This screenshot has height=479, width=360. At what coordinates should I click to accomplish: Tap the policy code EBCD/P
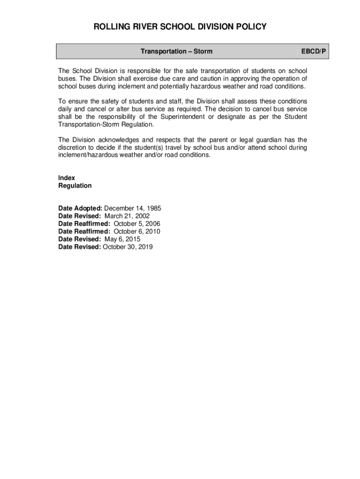tap(313, 51)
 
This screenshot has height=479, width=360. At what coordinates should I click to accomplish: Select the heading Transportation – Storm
tap(176, 51)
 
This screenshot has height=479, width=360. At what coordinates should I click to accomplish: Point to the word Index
tap(66, 178)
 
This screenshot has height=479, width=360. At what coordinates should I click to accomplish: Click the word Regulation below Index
tap(75, 186)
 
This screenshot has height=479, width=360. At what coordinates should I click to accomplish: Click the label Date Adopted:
tap(80, 209)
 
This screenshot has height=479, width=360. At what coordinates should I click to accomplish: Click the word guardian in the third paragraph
tap(269, 140)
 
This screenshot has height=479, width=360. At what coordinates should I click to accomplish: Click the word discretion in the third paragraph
tap(72, 147)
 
